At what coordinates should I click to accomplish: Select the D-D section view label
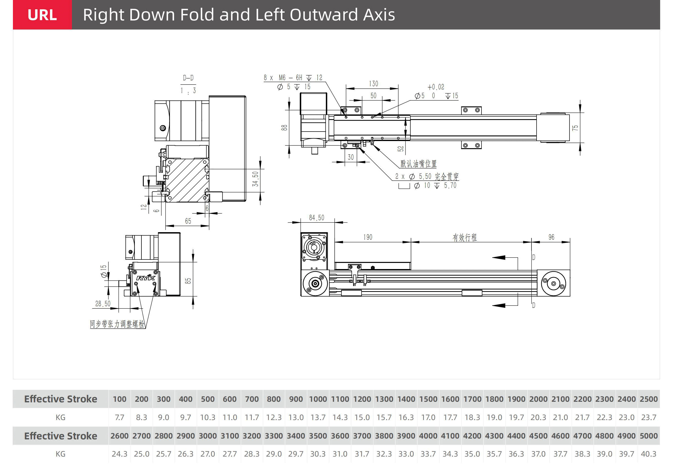pos(188,78)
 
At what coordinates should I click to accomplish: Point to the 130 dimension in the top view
pos(373,84)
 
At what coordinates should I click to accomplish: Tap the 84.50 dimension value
pos(316,218)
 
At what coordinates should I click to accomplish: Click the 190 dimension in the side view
pos(368,237)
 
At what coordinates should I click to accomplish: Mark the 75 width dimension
pos(575,128)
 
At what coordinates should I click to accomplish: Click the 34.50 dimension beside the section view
pos(255,179)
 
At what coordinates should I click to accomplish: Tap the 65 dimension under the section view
pos(188,221)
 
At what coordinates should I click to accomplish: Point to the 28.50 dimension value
pos(103,304)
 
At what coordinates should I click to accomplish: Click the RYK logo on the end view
pos(146,278)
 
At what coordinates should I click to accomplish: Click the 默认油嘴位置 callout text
pos(418,164)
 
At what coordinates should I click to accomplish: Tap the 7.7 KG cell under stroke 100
pos(119,417)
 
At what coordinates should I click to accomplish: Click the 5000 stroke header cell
pos(648,436)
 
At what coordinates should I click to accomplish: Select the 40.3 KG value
pos(648,454)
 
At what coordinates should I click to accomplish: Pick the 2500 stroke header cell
pos(648,399)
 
